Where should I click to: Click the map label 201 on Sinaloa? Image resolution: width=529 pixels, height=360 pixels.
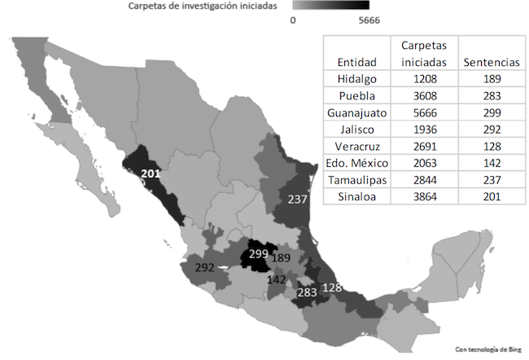(152, 173)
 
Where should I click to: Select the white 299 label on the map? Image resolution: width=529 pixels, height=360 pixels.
(258, 254)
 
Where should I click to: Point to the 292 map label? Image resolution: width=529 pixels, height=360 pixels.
(205, 266)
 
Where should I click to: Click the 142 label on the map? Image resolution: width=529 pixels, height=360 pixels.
(277, 279)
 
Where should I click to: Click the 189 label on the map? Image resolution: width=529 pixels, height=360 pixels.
(282, 258)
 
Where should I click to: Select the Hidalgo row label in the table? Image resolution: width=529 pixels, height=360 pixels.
(356, 78)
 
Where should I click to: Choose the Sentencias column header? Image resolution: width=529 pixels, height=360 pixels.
(491, 61)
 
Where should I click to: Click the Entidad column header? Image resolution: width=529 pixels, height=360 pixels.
(356, 61)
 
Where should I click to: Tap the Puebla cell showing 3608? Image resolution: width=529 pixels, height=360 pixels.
(423, 96)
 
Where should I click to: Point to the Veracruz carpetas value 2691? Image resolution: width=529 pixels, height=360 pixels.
(423, 150)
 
